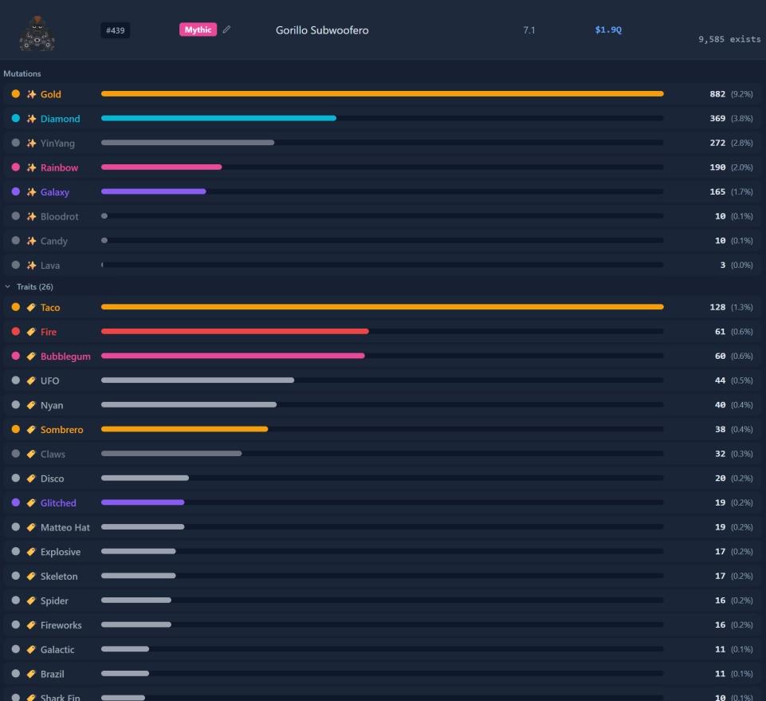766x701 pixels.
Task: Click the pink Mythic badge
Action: point(198,30)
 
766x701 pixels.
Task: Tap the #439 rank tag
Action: point(116,30)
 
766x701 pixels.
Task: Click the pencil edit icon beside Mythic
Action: point(226,30)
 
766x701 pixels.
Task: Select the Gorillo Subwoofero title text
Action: point(322,30)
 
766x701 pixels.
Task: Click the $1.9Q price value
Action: point(608,30)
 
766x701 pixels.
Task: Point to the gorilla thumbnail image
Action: point(37,33)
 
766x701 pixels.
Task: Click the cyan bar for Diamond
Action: point(218,118)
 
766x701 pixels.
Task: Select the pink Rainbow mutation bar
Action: point(161,167)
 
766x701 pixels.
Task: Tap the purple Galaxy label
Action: point(55,192)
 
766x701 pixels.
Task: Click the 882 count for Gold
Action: point(717,94)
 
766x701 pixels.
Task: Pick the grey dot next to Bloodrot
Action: point(16,216)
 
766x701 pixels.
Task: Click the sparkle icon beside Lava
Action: point(31,266)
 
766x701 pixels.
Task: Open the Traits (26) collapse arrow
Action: point(7,286)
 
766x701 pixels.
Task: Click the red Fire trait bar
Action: point(235,332)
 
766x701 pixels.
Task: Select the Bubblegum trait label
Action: point(65,356)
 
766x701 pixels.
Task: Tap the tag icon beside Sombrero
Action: point(31,429)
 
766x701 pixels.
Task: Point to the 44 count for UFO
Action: point(720,380)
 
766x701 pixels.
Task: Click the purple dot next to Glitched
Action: point(16,502)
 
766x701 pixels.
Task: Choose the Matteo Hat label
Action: point(65,527)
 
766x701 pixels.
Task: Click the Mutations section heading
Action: point(22,74)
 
